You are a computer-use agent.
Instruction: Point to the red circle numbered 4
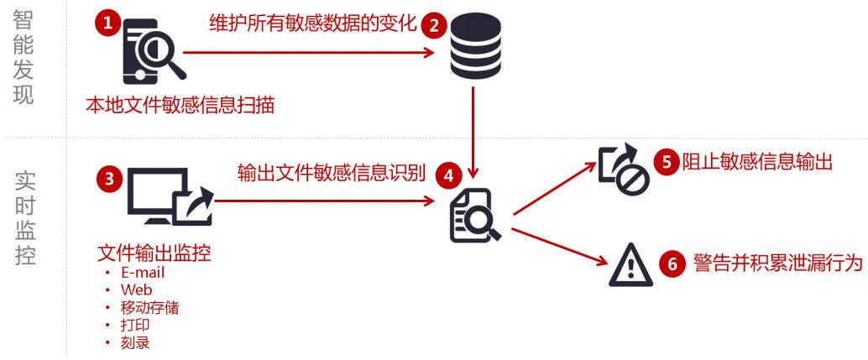pos(449,176)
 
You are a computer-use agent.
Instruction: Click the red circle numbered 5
pos(667,162)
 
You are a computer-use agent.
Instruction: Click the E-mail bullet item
pos(142,274)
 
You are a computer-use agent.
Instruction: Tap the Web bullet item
pos(136,290)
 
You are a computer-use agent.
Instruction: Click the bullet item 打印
pos(134,326)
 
